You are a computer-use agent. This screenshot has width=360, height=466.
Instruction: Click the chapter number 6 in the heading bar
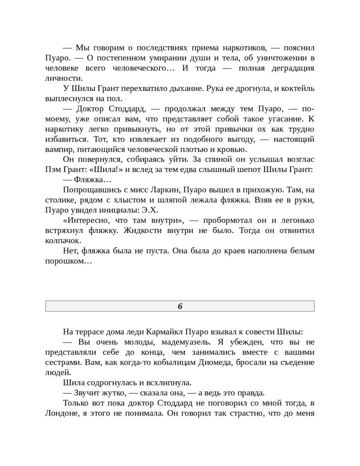180,306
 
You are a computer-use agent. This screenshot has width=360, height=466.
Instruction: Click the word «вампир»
60,149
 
